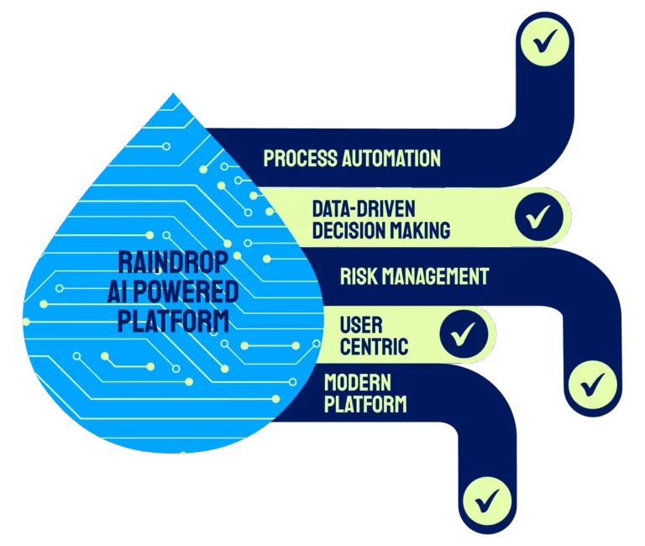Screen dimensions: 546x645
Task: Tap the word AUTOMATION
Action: point(390,158)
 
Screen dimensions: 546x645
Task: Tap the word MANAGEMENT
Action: point(442,276)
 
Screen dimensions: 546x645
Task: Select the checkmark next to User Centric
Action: point(463,334)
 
